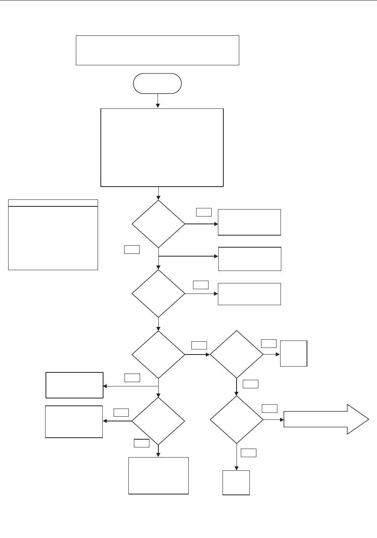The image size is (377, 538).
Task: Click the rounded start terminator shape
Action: pos(157,83)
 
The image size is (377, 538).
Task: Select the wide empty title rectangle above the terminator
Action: pos(157,50)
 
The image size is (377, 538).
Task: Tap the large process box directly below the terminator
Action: pos(162,147)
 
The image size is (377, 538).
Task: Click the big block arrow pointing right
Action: pos(326,419)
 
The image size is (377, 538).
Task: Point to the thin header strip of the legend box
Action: pos(53,203)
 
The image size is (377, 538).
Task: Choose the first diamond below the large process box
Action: pos(158,224)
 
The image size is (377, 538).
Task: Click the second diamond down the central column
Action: pos(158,293)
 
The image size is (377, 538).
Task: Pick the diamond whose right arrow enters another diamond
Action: pos(158,354)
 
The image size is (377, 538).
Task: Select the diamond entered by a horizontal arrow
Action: pos(237,354)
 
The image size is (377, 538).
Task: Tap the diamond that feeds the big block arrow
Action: pos(237,419)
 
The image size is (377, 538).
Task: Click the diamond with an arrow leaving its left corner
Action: pos(158,421)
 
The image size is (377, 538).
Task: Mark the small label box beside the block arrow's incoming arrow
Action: pos(269,408)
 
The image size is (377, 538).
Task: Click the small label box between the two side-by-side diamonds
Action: pos(199,345)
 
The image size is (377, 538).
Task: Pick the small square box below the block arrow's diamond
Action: pos(236,482)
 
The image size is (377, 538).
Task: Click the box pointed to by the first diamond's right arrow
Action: pos(249,222)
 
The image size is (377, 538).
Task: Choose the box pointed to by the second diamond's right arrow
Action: pos(249,294)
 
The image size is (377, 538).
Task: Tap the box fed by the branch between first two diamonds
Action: pos(249,259)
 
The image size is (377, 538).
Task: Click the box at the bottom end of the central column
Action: pos(158,475)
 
